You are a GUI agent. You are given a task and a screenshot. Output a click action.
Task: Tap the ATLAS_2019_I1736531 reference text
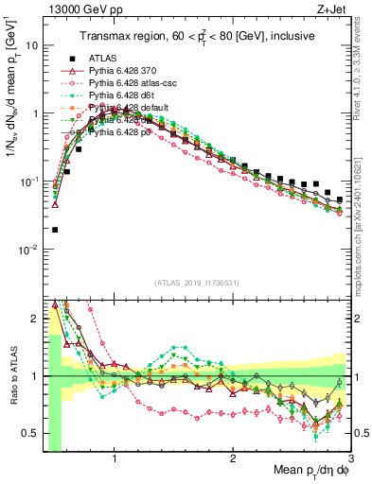pyautogui.click(x=197, y=282)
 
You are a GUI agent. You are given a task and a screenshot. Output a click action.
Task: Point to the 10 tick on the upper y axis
pyautogui.click(x=32, y=45)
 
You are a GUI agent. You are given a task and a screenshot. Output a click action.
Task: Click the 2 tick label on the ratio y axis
pyautogui.click(x=34, y=320)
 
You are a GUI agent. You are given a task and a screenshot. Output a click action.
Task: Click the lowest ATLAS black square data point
pyautogui.click(x=55, y=229)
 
